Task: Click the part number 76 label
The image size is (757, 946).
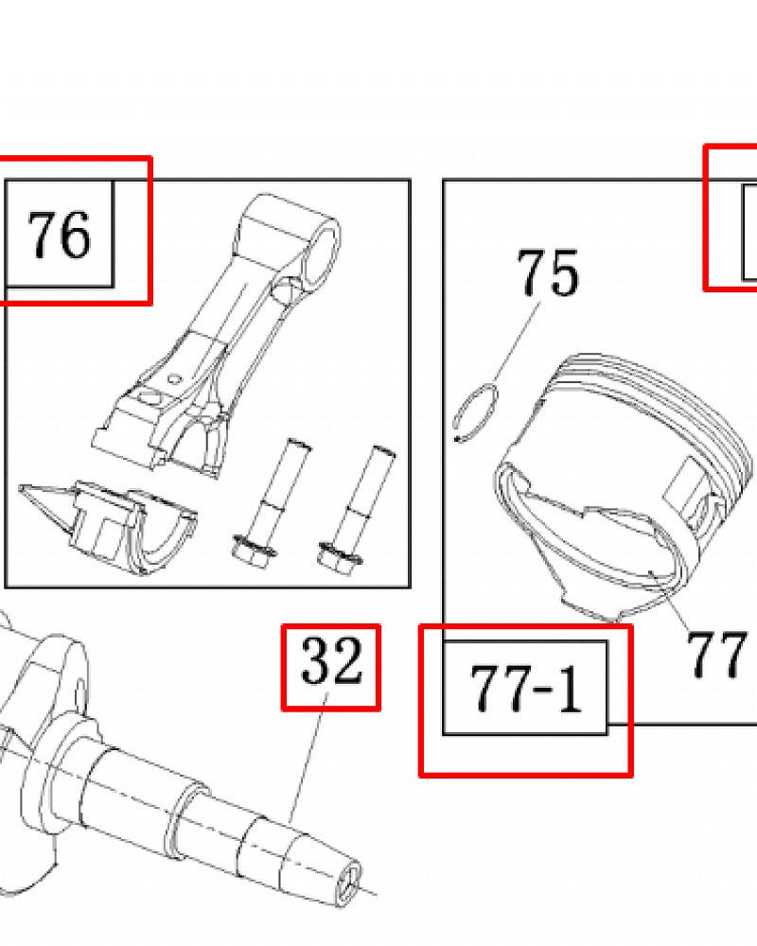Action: pos(59,235)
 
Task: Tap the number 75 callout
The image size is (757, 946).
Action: pos(548,272)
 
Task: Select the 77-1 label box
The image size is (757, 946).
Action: pos(525,688)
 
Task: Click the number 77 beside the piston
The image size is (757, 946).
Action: pos(716,655)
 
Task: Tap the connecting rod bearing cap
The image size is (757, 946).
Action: pos(109,526)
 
